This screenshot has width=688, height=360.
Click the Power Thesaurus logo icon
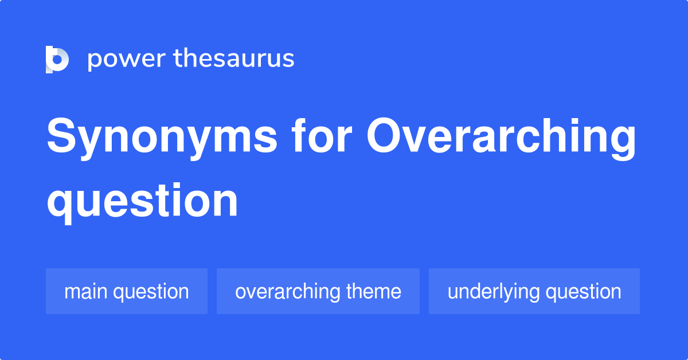tap(57, 59)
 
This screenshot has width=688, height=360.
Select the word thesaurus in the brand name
tap(234, 59)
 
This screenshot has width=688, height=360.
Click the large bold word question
tap(142, 200)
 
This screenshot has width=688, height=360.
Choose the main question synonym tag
tap(126, 291)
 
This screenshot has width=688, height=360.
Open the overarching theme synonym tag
tap(318, 291)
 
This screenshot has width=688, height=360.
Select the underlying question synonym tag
tap(534, 291)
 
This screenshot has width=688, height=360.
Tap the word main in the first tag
tap(86, 291)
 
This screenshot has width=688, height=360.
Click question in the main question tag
tap(151, 291)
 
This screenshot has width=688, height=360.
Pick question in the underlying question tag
tap(583, 291)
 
